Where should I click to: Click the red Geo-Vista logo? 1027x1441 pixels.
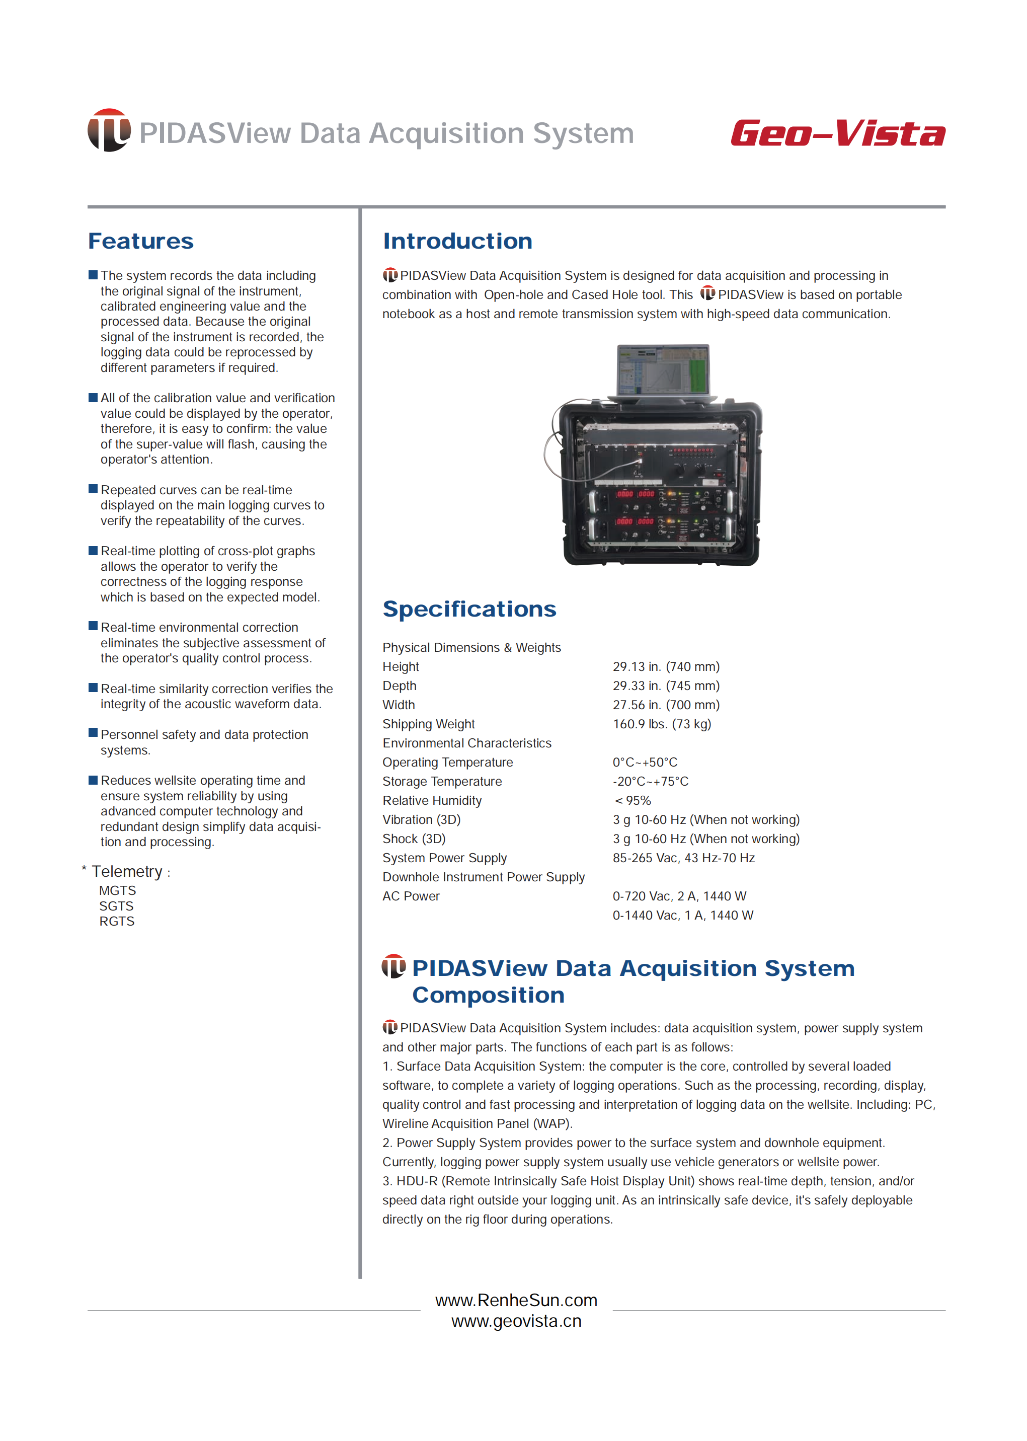(x=837, y=133)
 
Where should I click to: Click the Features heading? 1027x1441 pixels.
(x=140, y=241)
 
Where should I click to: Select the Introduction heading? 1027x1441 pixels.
(x=457, y=241)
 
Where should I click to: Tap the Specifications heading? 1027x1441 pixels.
(x=469, y=609)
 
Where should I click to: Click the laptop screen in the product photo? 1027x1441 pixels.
(x=663, y=370)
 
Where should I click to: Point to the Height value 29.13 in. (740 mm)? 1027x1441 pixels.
(x=666, y=667)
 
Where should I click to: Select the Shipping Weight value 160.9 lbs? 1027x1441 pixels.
(x=662, y=724)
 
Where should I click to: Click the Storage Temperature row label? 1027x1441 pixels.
(x=442, y=781)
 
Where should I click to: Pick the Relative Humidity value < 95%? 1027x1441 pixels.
(x=632, y=801)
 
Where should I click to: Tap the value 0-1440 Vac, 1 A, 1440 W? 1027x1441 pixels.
(x=682, y=916)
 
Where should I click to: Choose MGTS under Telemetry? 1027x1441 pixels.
(x=118, y=891)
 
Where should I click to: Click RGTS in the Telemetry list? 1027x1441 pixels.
(x=117, y=922)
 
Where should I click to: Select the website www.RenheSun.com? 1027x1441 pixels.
(x=516, y=1301)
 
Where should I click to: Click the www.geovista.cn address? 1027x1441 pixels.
(x=516, y=1321)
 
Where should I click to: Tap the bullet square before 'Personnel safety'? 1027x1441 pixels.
(x=93, y=733)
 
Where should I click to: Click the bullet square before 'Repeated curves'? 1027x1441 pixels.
(x=93, y=489)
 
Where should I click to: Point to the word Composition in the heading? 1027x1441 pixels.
(x=488, y=995)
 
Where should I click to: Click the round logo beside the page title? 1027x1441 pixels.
(x=109, y=130)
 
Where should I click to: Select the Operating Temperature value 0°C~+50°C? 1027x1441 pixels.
(x=645, y=763)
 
